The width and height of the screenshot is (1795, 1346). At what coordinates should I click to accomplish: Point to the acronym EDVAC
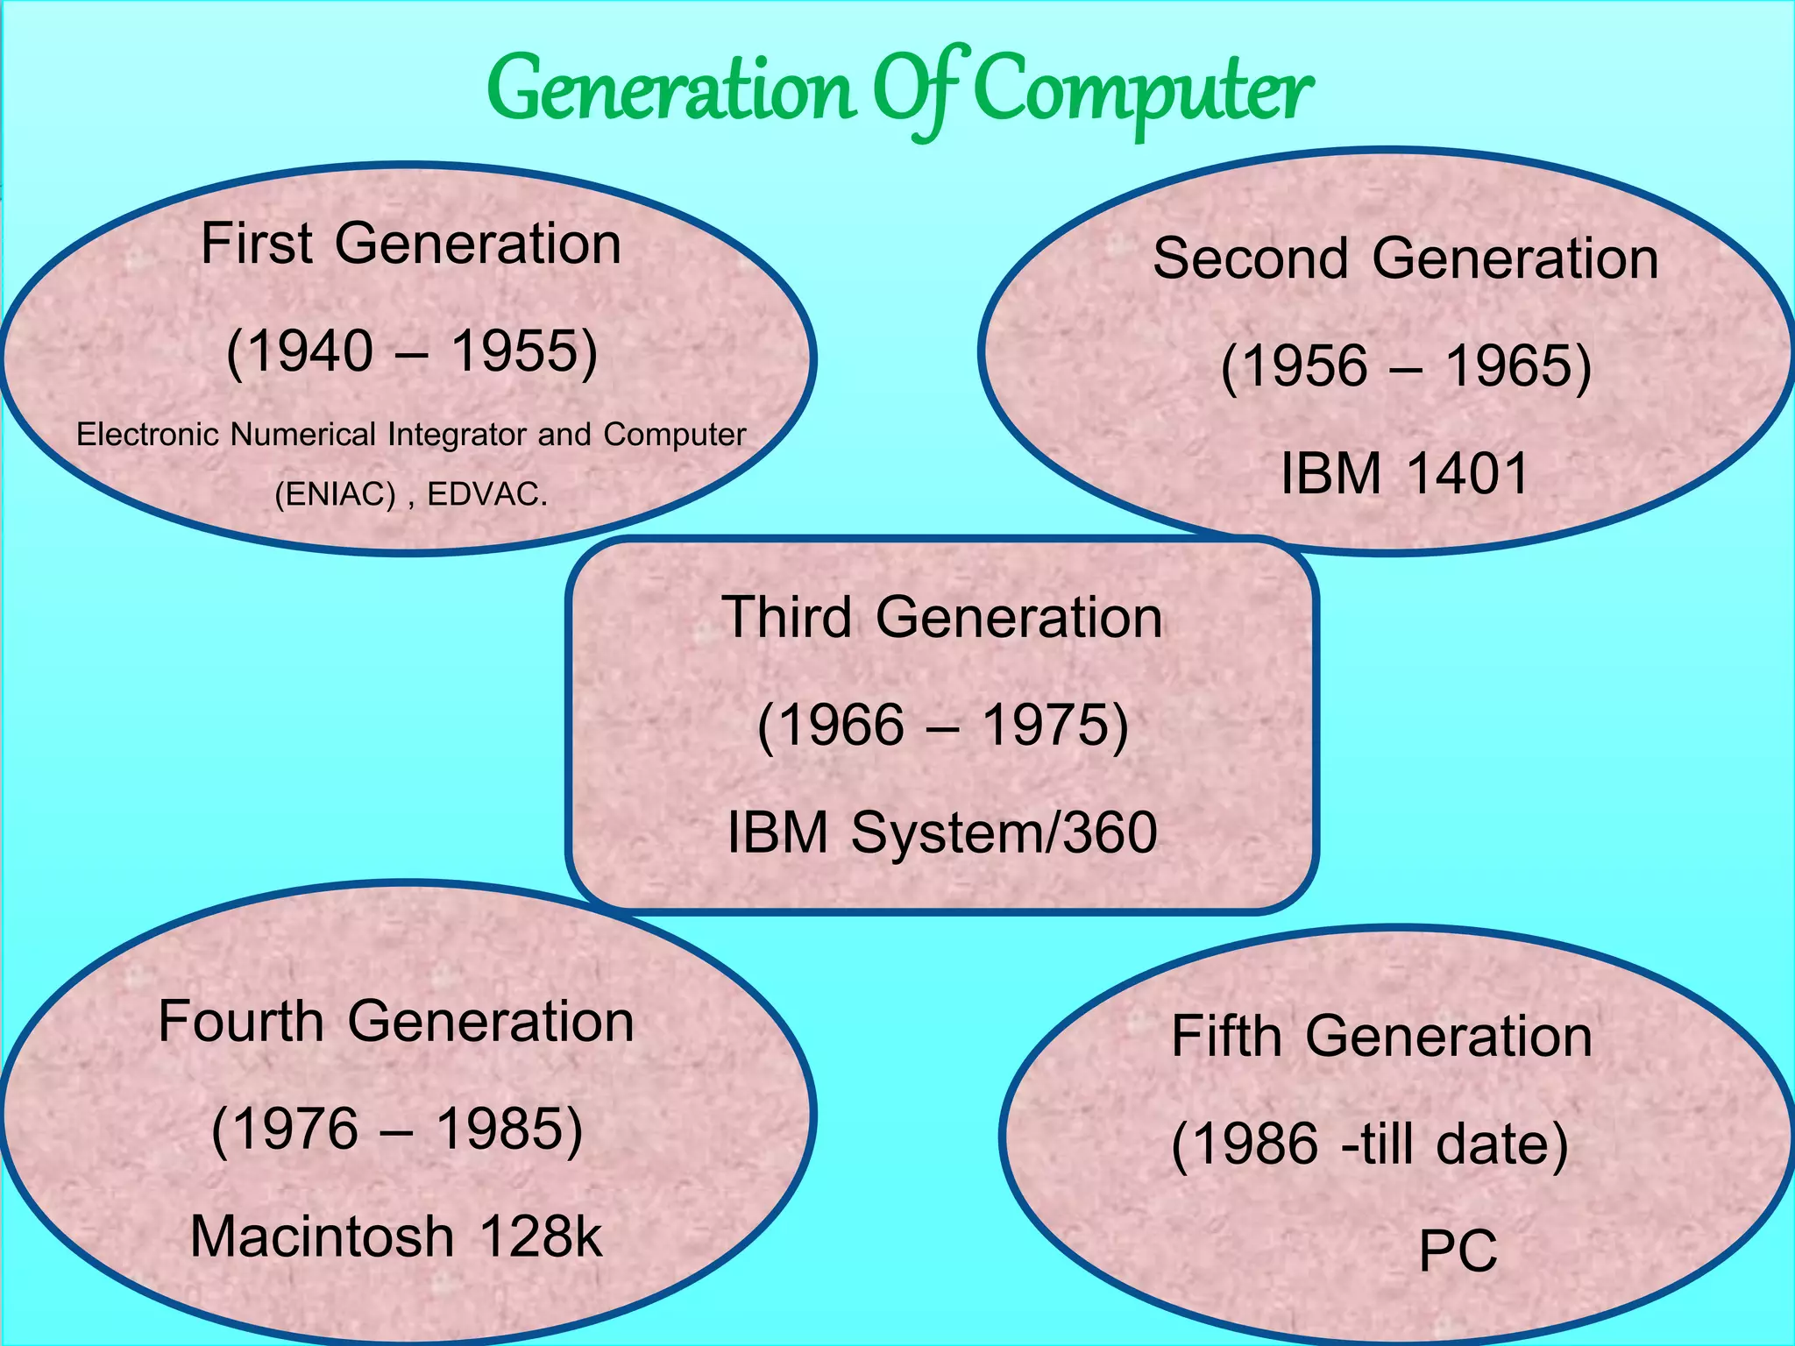[x=486, y=495]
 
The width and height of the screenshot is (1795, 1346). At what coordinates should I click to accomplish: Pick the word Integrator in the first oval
[x=457, y=435]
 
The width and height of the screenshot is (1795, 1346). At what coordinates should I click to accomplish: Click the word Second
[x=1250, y=259]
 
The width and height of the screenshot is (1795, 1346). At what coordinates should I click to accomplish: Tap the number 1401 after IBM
[x=1468, y=474]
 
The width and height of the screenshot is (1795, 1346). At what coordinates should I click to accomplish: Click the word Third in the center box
[x=786, y=617]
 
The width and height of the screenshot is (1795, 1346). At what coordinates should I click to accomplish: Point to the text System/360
[x=1004, y=832]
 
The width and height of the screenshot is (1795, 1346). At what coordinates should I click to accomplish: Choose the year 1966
[x=830, y=726]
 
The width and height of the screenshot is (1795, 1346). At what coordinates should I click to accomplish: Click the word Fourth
[x=241, y=1022]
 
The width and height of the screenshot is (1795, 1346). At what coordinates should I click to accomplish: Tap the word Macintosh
[x=322, y=1237]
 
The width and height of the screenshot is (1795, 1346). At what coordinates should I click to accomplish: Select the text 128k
[x=541, y=1237]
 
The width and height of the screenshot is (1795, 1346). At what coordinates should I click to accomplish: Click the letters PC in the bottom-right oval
[x=1458, y=1251]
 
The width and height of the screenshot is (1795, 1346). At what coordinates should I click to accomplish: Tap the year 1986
[x=1245, y=1144]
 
